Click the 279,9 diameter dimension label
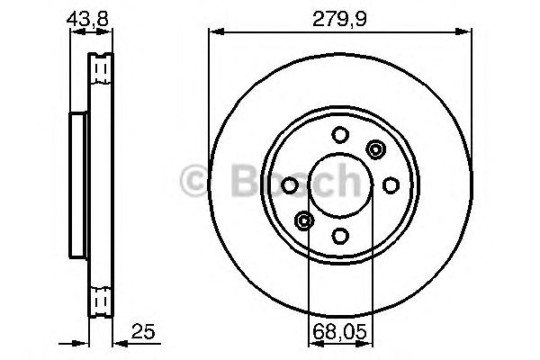click(x=339, y=19)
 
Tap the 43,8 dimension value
click(x=87, y=19)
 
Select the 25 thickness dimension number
click(x=143, y=331)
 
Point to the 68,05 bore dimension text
click(x=340, y=332)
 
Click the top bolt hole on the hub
click(x=340, y=134)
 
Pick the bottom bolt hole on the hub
click(x=340, y=236)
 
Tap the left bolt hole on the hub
click(x=289, y=185)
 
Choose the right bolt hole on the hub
click(x=391, y=185)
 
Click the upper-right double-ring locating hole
click(x=375, y=149)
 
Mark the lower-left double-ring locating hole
click(x=304, y=220)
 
